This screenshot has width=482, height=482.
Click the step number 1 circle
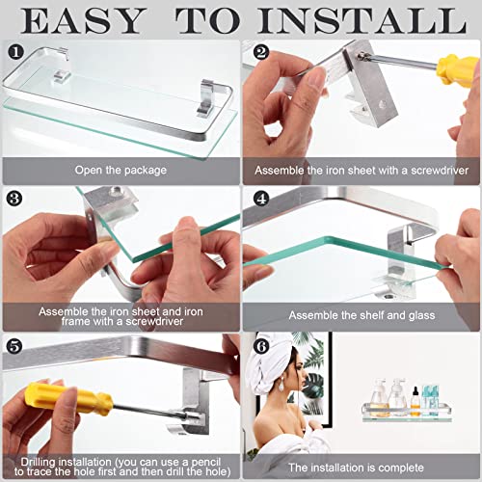[x=15, y=52]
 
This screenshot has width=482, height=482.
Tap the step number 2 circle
[x=261, y=52]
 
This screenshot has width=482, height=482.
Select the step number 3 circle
[x=14, y=199]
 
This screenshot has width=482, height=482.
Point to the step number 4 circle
[x=261, y=199]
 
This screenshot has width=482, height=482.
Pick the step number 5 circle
[x=14, y=346]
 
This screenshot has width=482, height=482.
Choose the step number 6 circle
[x=261, y=346]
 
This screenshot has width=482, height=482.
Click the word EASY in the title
[x=82, y=21]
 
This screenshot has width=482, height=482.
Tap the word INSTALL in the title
[x=361, y=21]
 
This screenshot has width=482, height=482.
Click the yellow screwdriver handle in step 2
[x=457, y=70]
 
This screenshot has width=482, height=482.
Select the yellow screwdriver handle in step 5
[x=68, y=398]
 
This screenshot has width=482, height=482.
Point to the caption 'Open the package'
[x=120, y=170]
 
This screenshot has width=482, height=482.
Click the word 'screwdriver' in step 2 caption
[x=440, y=171]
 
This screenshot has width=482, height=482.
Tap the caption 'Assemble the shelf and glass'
[x=361, y=315]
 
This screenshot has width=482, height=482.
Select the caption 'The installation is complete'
[x=356, y=468]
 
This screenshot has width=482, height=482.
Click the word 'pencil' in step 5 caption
[x=205, y=462]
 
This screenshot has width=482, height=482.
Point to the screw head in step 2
[x=362, y=56]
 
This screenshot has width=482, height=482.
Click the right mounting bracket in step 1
[x=207, y=97]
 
